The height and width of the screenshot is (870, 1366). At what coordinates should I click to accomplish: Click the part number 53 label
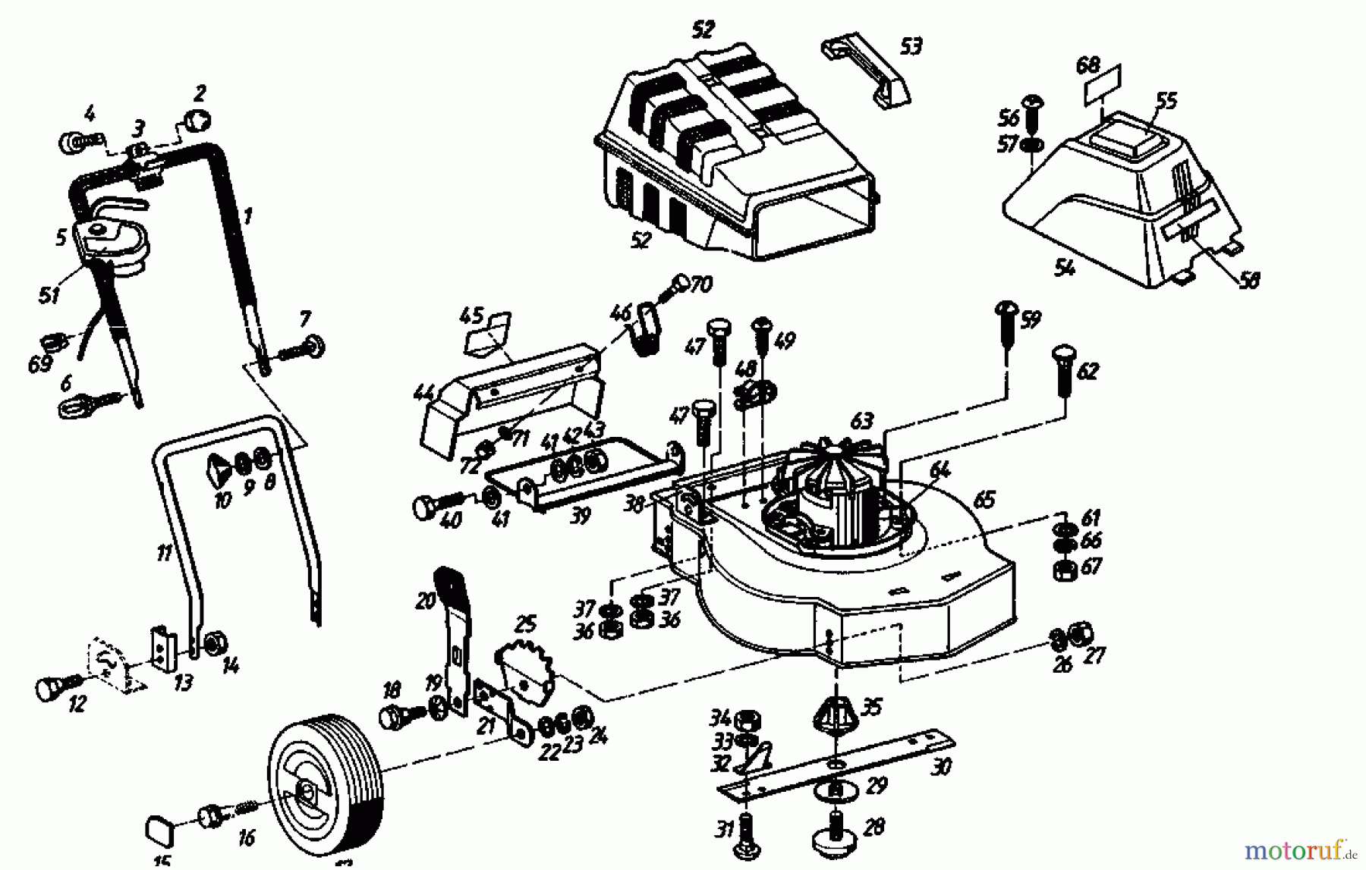[x=911, y=46]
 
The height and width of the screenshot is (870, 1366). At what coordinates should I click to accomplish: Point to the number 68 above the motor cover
[x=1087, y=65]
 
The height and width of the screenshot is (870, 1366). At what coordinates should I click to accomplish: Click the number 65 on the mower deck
[x=984, y=501]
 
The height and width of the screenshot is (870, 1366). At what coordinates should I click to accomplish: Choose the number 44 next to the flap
[x=423, y=393]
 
